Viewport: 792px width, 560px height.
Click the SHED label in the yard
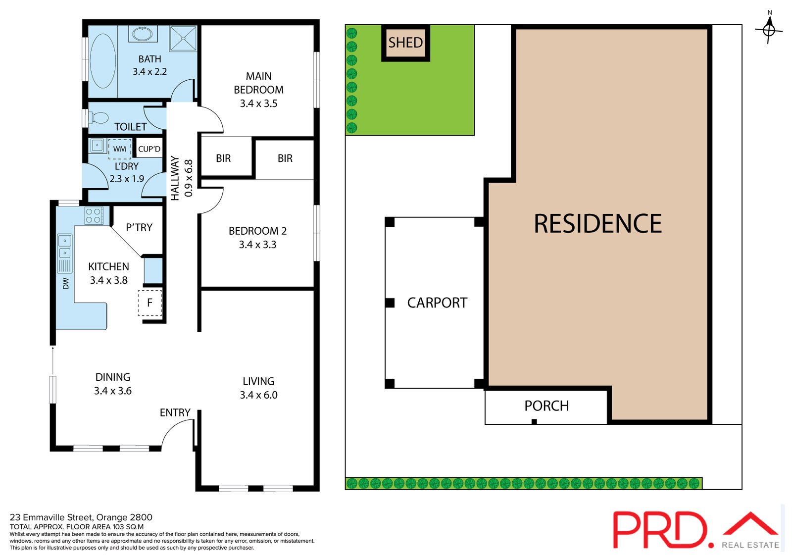click(x=405, y=43)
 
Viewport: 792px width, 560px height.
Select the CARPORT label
click(x=437, y=303)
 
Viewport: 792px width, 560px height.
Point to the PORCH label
click(x=546, y=406)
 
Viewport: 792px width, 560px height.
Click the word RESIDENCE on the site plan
click(x=597, y=224)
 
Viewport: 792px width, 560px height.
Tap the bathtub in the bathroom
click(x=102, y=61)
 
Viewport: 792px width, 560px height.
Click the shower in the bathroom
click(x=183, y=38)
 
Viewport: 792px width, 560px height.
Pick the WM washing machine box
click(x=119, y=149)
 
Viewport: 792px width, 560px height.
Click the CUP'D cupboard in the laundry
click(x=149, y=149)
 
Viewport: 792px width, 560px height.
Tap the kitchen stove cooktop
click(x=94, y=216)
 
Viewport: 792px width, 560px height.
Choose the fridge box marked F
click(x=150, y=303)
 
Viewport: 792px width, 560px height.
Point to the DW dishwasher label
click(x=66, y=283)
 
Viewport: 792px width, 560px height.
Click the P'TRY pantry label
click(x=139, y=227)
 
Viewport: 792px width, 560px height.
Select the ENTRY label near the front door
click(x=175, y=412)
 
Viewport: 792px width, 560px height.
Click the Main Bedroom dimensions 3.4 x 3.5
click(x=258, y=103)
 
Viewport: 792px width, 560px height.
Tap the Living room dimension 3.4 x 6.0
click(x=258, y=395)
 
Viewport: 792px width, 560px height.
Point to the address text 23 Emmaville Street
click(x=51, y=517)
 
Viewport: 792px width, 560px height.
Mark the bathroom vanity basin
click(x=143, y=34)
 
